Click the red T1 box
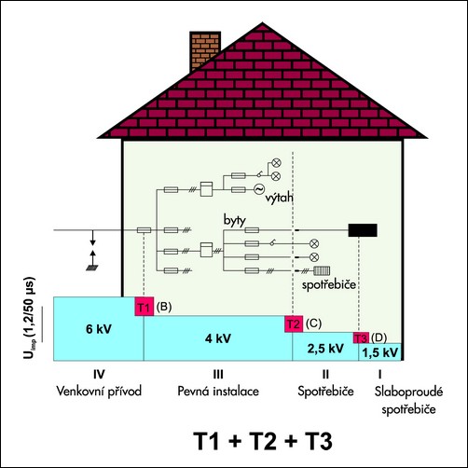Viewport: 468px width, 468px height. (145, 307)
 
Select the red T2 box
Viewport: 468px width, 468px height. (294, 323)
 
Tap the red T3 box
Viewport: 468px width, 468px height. (361, 337)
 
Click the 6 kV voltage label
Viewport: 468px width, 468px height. (99, 329)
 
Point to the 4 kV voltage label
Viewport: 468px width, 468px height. (218, 338)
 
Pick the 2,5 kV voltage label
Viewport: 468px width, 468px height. (325, 349)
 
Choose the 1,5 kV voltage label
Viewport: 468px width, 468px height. (379, 352)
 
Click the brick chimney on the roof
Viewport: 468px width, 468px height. (205, 49)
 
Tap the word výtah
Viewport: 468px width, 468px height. (279, 198)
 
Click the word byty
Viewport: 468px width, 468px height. (235, 220)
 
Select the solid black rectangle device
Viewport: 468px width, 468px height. (363, 230)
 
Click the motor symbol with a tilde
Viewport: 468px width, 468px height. (259, 189)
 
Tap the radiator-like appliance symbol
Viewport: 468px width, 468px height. (322, 271)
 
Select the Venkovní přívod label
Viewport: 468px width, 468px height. (99, 391)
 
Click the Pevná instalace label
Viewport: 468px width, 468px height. (218, 391)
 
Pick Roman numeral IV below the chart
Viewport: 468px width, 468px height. (99, 375)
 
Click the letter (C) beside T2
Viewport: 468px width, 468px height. (313, 323)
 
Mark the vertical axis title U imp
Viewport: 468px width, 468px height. (30, 318)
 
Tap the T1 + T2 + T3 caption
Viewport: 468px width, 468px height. (263, 441)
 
